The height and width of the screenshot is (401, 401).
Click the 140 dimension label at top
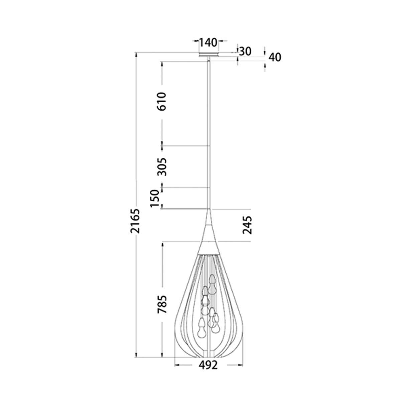[208, 42]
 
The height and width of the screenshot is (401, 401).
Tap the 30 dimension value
[245, 51]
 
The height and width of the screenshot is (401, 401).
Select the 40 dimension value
[275, 57]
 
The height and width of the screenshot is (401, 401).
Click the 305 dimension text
[162, 166]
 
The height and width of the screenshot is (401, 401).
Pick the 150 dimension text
[154, 198]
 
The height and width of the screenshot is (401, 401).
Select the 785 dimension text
[162, 304]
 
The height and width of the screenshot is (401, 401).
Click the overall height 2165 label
[135, 221]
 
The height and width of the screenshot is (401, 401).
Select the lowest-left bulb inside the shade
[202, 329]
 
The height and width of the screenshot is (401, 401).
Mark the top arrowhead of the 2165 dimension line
[136, 55]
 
